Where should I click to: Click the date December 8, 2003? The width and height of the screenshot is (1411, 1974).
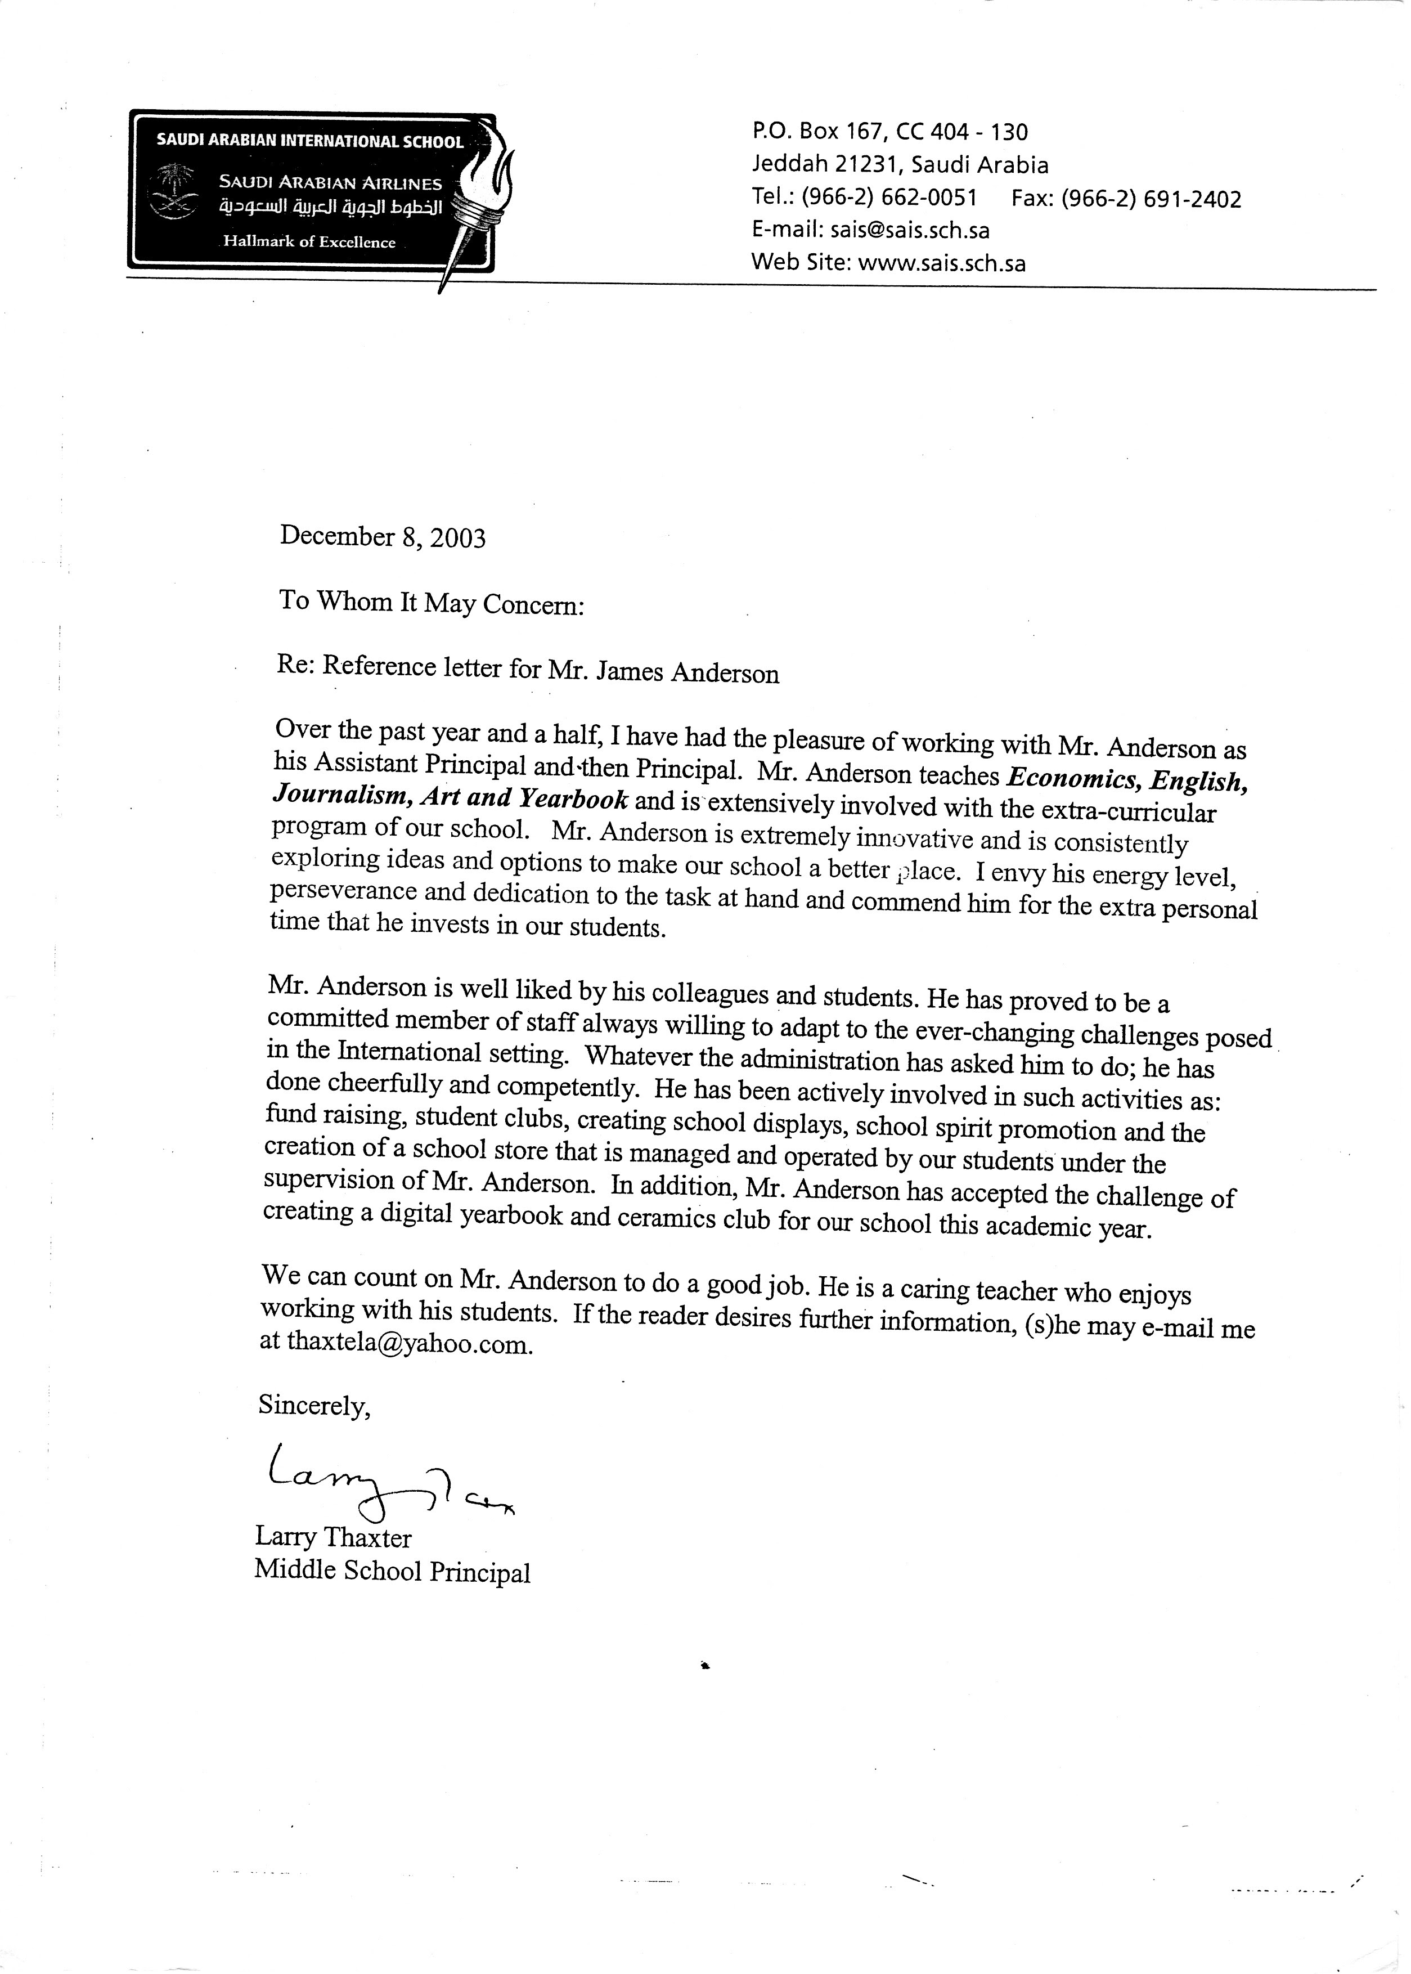click(x=383, y=537)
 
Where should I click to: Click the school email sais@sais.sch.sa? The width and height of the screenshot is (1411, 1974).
click(x=910, y=230)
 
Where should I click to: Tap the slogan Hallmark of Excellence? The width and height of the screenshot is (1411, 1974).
click(x=309, y=243)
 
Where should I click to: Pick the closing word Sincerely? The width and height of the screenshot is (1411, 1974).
click(x=314, y=1406)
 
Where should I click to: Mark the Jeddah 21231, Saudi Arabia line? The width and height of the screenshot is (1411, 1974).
click(x=900, y=165)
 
